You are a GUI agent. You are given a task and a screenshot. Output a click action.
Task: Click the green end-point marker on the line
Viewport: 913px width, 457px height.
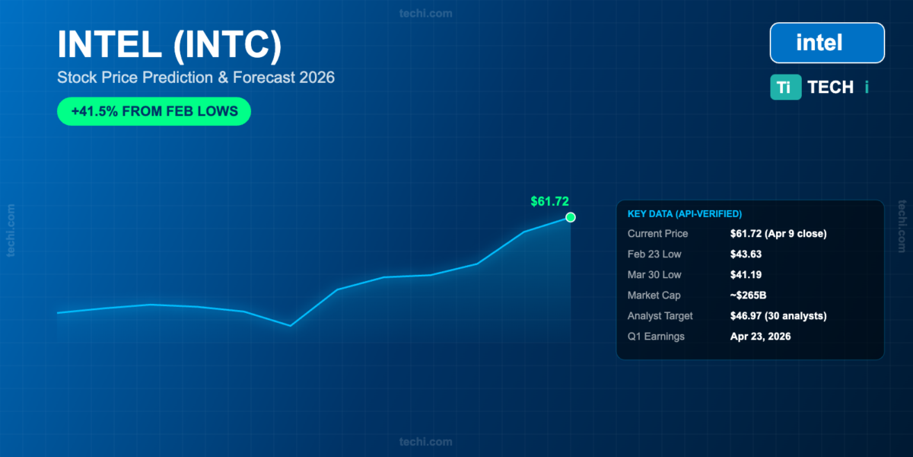click(570, 218)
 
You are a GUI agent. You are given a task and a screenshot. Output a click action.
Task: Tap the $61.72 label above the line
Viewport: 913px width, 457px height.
click(549, 201)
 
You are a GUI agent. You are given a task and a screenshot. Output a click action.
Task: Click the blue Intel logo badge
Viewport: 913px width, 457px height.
click(827, 43)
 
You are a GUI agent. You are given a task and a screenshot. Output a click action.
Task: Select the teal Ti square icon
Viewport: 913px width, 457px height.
click(785, 87)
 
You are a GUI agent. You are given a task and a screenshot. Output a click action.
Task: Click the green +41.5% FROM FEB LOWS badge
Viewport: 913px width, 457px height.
click(154, 111)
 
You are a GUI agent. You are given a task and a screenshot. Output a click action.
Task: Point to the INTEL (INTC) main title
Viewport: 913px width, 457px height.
click(170, 44)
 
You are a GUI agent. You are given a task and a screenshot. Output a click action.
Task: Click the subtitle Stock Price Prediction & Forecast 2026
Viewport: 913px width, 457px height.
click(196, 78)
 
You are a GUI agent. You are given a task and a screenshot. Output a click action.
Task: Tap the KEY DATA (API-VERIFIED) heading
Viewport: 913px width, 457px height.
click(685, 214)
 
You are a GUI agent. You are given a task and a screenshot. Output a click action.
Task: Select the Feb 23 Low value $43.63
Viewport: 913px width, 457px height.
click(746, 254)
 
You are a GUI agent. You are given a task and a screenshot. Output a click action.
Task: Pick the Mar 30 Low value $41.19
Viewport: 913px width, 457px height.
click(746, 275)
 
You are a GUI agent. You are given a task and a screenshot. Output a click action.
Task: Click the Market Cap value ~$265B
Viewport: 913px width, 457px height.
click(748, 295)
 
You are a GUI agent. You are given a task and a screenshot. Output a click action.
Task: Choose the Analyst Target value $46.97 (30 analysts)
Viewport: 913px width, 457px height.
click(778, 316)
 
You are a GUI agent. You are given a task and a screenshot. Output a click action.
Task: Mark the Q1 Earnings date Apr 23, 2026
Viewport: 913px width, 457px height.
click(760, 336)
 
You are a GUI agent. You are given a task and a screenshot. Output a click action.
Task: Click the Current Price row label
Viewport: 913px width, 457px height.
click(657, 233)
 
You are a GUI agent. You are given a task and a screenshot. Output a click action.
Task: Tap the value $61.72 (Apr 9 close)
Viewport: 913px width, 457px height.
click(778, 233)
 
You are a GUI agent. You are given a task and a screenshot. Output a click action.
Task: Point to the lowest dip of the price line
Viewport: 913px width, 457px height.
click(290, 326)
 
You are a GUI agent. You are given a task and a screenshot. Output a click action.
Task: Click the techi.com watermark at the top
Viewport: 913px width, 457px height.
click(425, 14)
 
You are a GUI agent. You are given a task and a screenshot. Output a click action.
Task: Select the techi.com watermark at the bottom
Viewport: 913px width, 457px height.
click(425, 442)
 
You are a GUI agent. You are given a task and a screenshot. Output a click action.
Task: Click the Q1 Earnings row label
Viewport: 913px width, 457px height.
click(656, 336)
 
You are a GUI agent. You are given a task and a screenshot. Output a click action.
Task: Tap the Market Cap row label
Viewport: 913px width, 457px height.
click(654, 295)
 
